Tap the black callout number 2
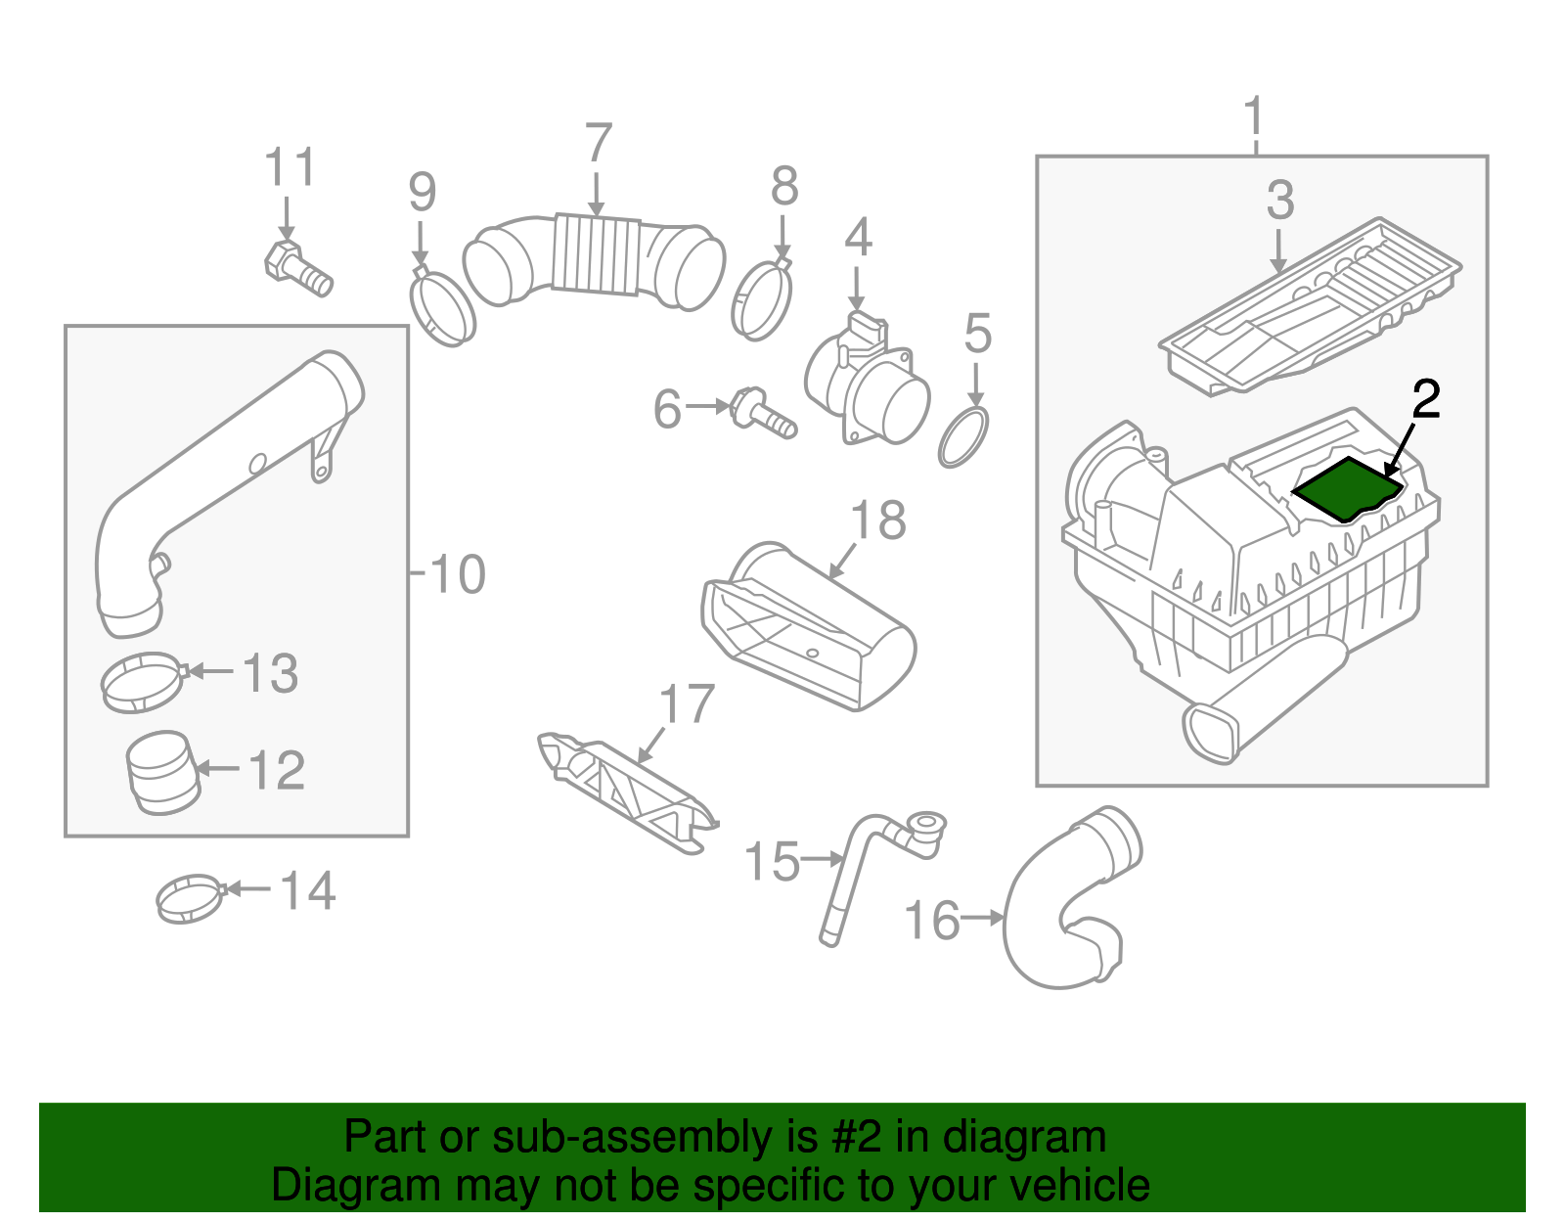click(1425, 399)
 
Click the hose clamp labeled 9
click(442, 308)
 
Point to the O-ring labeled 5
click(963, 437)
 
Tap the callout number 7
click(598, 145)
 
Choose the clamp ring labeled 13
click(143, 683)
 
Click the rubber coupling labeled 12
click(162, 774)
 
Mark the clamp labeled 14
click(190, 897)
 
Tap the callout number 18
click(877, 520)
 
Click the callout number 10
click(457, 574)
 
